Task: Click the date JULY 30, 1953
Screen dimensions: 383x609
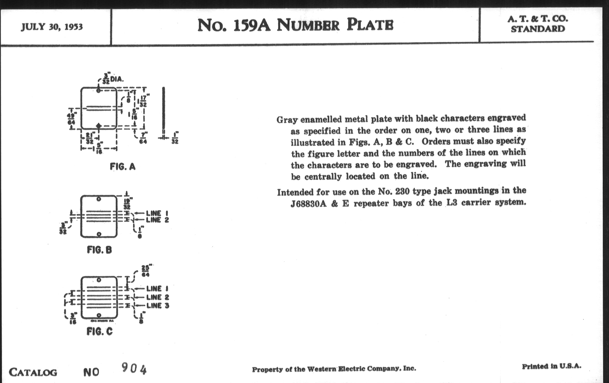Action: coord(52,27)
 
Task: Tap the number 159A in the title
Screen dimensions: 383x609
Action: coord(251,26)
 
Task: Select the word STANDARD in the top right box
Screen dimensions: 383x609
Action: coord(538,29)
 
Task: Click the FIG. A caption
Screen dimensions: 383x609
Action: coord(123,167)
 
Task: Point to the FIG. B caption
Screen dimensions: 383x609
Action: coord(99,250)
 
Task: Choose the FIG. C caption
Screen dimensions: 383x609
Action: coord(99,331)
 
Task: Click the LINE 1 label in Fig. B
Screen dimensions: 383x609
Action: coord(157,213)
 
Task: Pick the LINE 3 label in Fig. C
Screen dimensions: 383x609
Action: coord(158,306)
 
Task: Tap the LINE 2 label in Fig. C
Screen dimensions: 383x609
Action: coord(158,297)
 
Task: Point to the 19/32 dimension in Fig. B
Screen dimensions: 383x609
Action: coord(127,204)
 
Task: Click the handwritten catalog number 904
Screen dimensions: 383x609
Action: coord(134,368)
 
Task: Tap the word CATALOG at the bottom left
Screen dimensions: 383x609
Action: coord(33,372)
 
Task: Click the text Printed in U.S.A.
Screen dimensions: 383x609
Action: coord(551,366)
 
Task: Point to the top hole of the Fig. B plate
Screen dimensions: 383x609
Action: coord(99,199)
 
